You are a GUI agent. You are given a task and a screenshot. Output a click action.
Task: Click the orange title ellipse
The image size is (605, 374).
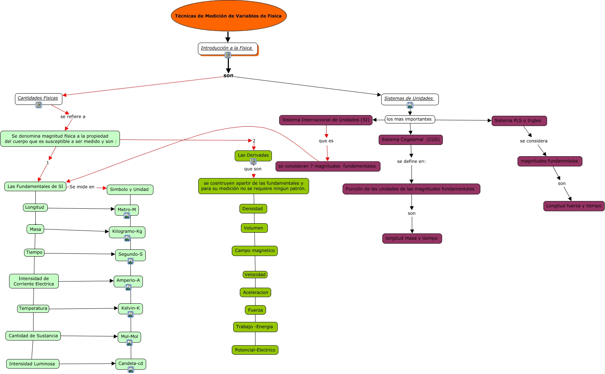(229, 16)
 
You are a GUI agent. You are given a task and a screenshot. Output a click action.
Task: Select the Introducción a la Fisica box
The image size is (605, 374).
(227, 48)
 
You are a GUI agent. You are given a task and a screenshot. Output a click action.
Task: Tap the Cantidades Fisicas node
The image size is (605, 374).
(38, 98)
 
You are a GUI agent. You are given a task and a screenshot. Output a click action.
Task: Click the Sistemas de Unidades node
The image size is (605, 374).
(409, 98)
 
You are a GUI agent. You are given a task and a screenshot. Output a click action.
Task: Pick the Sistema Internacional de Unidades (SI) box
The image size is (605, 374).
(325, 120)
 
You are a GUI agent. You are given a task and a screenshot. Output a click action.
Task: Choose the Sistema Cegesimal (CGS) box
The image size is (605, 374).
(410, 139)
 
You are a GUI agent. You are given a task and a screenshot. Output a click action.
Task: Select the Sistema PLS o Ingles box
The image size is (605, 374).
(519, 121)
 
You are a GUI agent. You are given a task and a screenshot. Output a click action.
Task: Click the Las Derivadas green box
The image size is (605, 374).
(253, 155)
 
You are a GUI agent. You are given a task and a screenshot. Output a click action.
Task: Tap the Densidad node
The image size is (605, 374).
(253, 209)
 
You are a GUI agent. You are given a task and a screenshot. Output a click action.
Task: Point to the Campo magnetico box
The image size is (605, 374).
(254, 251)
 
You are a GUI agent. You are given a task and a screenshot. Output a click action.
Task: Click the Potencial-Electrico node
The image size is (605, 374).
(255, 350)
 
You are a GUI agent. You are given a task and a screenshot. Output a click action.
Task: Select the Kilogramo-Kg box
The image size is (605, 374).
(127, 231)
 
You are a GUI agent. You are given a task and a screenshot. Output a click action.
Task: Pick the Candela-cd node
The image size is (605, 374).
(130, 363)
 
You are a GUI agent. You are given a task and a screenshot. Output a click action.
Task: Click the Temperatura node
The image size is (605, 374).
(33, 308)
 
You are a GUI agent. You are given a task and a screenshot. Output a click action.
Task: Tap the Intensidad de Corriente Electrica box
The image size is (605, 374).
(34, 281)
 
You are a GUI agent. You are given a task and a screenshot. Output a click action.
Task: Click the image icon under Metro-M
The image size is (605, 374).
(127, 216)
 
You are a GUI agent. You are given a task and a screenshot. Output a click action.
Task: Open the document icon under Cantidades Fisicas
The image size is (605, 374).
(39, 105)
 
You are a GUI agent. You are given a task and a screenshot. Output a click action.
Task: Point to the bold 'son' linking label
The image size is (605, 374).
(229, 76)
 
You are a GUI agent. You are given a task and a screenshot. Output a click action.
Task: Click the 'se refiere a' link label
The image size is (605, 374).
(73, 117)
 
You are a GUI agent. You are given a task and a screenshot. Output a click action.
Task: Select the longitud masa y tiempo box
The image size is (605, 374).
(411, 238)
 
